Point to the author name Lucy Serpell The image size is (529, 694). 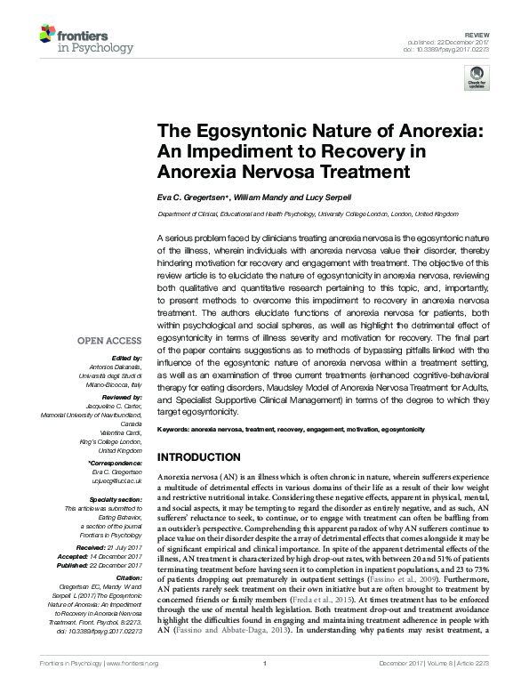(x=341, y=197)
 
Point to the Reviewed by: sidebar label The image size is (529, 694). (x=121, y=399)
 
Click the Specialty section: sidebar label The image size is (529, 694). (x=114, y=500)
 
